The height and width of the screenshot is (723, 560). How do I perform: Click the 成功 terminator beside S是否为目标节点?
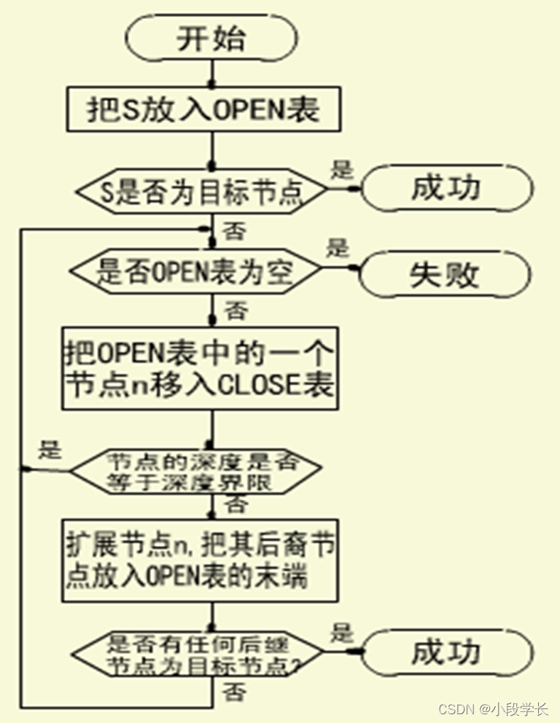[x=446, y=189]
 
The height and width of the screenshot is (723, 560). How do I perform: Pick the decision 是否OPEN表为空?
[x=195, y=272]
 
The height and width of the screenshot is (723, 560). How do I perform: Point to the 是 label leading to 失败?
[x=337, y=249]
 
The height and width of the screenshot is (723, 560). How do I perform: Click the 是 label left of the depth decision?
[x=49, y=450]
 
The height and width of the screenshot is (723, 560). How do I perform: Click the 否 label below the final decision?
[x=233, y=689]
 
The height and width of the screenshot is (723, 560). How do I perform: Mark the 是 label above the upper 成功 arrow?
[x=342, y=170]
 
